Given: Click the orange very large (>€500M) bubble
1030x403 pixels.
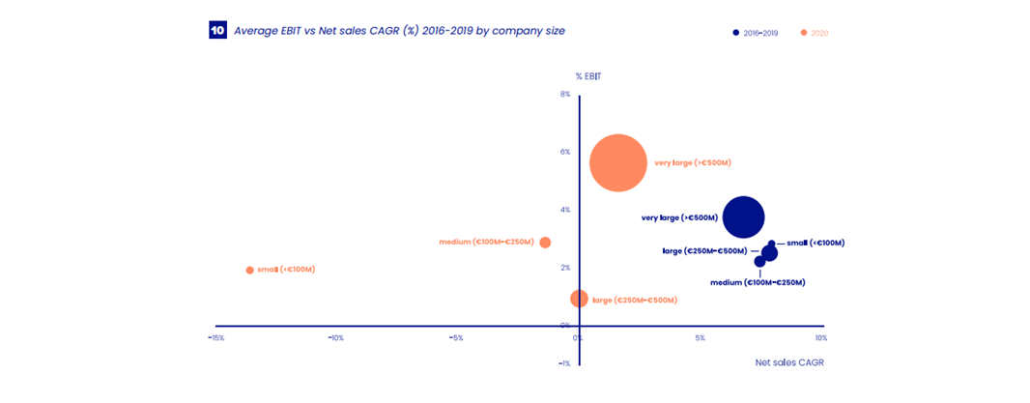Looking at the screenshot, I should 617,163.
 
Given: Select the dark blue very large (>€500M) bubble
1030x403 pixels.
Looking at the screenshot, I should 743,216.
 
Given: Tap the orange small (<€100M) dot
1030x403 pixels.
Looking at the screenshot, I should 249,270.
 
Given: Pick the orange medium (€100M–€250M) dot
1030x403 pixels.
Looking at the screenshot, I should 545,243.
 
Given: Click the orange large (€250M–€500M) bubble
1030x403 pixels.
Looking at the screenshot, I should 579,299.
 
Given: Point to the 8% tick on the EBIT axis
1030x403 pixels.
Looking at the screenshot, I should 565,95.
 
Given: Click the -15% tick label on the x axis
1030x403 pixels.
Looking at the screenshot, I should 216,338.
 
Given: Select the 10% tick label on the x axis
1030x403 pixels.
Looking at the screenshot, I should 820,338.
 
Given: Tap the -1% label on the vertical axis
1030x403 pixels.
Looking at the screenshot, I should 564,364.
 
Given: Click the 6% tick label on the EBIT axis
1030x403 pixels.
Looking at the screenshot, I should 565,152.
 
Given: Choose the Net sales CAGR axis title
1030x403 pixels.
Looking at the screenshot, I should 789,362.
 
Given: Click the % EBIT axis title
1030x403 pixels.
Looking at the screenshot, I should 588,76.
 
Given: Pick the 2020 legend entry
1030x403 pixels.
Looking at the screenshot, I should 814,33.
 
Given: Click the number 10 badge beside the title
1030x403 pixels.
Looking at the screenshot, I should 217,31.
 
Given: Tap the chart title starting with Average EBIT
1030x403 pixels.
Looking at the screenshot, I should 399,31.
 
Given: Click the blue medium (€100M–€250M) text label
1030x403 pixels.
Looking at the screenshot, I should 758,282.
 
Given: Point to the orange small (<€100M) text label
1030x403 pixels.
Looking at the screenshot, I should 286,270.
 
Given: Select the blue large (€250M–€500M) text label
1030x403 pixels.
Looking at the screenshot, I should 704,251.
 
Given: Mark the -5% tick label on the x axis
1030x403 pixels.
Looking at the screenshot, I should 456,338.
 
